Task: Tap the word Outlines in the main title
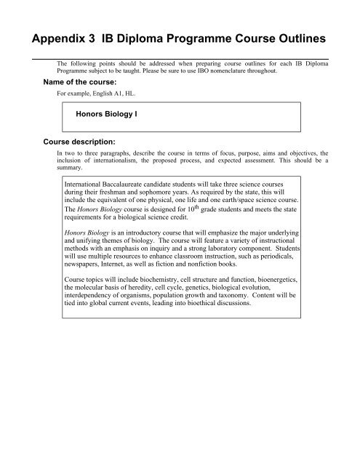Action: pos(292,37)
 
